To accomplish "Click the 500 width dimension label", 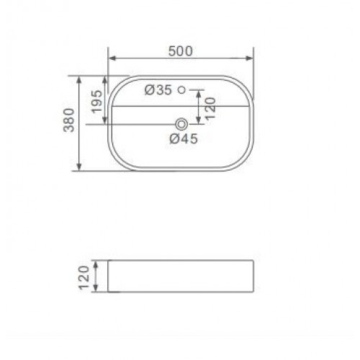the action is [x=181, y=51].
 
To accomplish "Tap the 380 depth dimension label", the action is [x=69, y=120].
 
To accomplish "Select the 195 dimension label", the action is [x=97, y=102].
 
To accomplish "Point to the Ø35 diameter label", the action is [x=158, y=90].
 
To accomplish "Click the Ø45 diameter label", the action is [x=184, y=139].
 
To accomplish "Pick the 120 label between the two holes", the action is [x=211, y=108].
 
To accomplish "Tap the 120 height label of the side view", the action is [x=84, y=278].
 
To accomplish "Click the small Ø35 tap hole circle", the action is [x=182, y=90].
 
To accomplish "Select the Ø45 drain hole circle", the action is [x=181, y=125].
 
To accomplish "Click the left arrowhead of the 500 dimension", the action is [x=112, y=58].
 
